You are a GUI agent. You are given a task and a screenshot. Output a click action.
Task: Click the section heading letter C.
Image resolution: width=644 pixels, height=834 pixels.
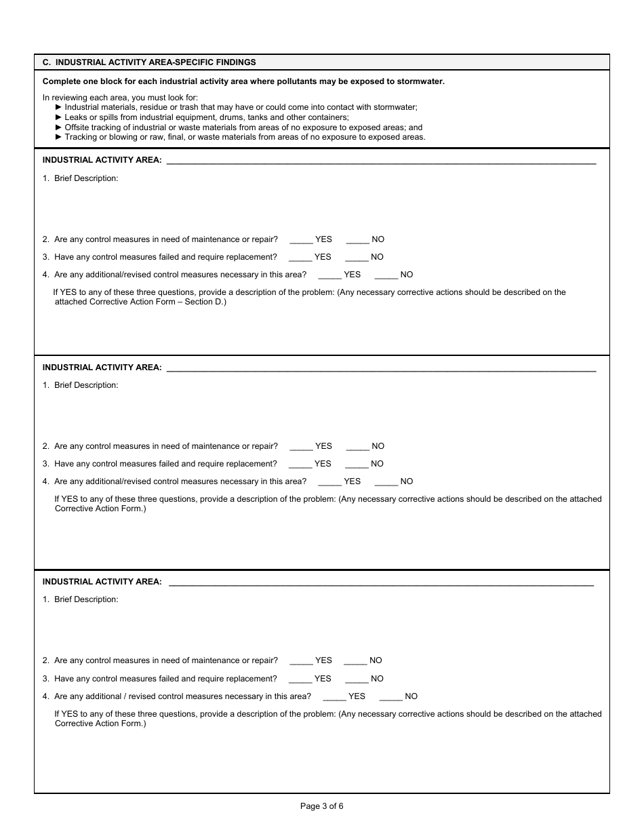pyautogui.click(x=45, y=62)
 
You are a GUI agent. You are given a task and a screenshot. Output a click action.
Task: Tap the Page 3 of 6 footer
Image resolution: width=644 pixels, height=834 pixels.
pyautogui.click(x=322, y=806)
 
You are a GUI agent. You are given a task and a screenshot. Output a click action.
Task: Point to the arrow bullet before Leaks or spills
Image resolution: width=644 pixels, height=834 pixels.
pyautogui.click(x=58, y=117)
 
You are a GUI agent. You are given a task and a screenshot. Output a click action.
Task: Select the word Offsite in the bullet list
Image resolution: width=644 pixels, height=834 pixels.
pyautogui.click(x=78, y=127)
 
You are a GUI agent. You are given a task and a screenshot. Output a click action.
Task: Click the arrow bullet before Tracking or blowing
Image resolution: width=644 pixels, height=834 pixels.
pyautogui.click(x=58, y=137)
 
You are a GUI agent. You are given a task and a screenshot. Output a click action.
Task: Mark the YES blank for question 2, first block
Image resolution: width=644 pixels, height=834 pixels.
pyautogui.click(x=300, y=240)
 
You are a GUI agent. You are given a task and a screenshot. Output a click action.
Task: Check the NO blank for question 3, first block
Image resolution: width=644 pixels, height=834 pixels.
pyautogui.click(x=357, y=258)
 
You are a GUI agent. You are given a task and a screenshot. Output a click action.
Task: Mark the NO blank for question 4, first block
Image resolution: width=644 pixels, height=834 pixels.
pyautogui.click(x=386, y=275)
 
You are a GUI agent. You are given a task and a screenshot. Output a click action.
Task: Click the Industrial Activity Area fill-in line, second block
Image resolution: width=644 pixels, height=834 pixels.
pyautogui.click(x=381, y=370)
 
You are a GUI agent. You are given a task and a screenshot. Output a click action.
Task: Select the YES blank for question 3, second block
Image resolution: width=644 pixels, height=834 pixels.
pyautogui.click(x=300, y=464)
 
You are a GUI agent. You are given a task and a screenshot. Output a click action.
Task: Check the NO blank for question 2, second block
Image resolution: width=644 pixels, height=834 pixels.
pyautogui.click(x=357, y=447)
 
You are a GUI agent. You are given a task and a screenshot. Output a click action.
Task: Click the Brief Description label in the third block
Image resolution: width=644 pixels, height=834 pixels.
pyautogui.click(x=86, y=599)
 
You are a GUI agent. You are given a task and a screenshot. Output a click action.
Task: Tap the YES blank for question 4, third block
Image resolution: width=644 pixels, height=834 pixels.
pyautogui.click(x=334, y=697)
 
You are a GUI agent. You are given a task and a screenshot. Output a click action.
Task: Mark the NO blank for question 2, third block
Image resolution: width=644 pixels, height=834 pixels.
pyautogui.click(x=355, y=661)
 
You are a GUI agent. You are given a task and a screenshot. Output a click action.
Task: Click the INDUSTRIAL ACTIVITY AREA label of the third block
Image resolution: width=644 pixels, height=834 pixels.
pyautogui.click(x=102, y=582)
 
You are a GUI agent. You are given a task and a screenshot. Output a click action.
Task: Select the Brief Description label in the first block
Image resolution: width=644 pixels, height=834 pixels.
pyautogui.click(x=86, y=178)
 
